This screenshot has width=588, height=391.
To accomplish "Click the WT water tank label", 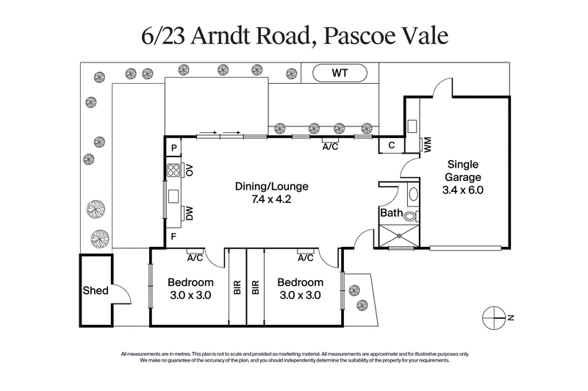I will click(x=340, y=73).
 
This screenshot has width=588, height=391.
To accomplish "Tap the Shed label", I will click(x=96, y=291).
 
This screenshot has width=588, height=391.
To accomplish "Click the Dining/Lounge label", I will click(x=271, y=186).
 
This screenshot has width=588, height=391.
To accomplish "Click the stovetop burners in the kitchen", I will click(x=175, y=171).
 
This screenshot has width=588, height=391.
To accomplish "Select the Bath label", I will click(x=390, y=214).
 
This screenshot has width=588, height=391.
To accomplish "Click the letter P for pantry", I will click(x=173, y=148).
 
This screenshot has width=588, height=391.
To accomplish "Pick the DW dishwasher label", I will click(x=190, y=214).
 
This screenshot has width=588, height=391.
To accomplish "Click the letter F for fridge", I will click(x=173, y=237).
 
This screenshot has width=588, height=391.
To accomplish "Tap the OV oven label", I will click(x=190, y=171).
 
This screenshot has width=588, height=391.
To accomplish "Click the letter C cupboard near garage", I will click(x=392, y=146).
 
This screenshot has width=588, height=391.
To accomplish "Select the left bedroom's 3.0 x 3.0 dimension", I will click(x=190, y=295).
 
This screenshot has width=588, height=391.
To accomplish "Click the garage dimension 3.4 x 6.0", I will click(x=463, y=189).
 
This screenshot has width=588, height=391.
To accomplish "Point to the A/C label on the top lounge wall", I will click(x=330, y=146).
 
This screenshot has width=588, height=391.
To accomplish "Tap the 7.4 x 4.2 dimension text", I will click(x=271, y=198).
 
